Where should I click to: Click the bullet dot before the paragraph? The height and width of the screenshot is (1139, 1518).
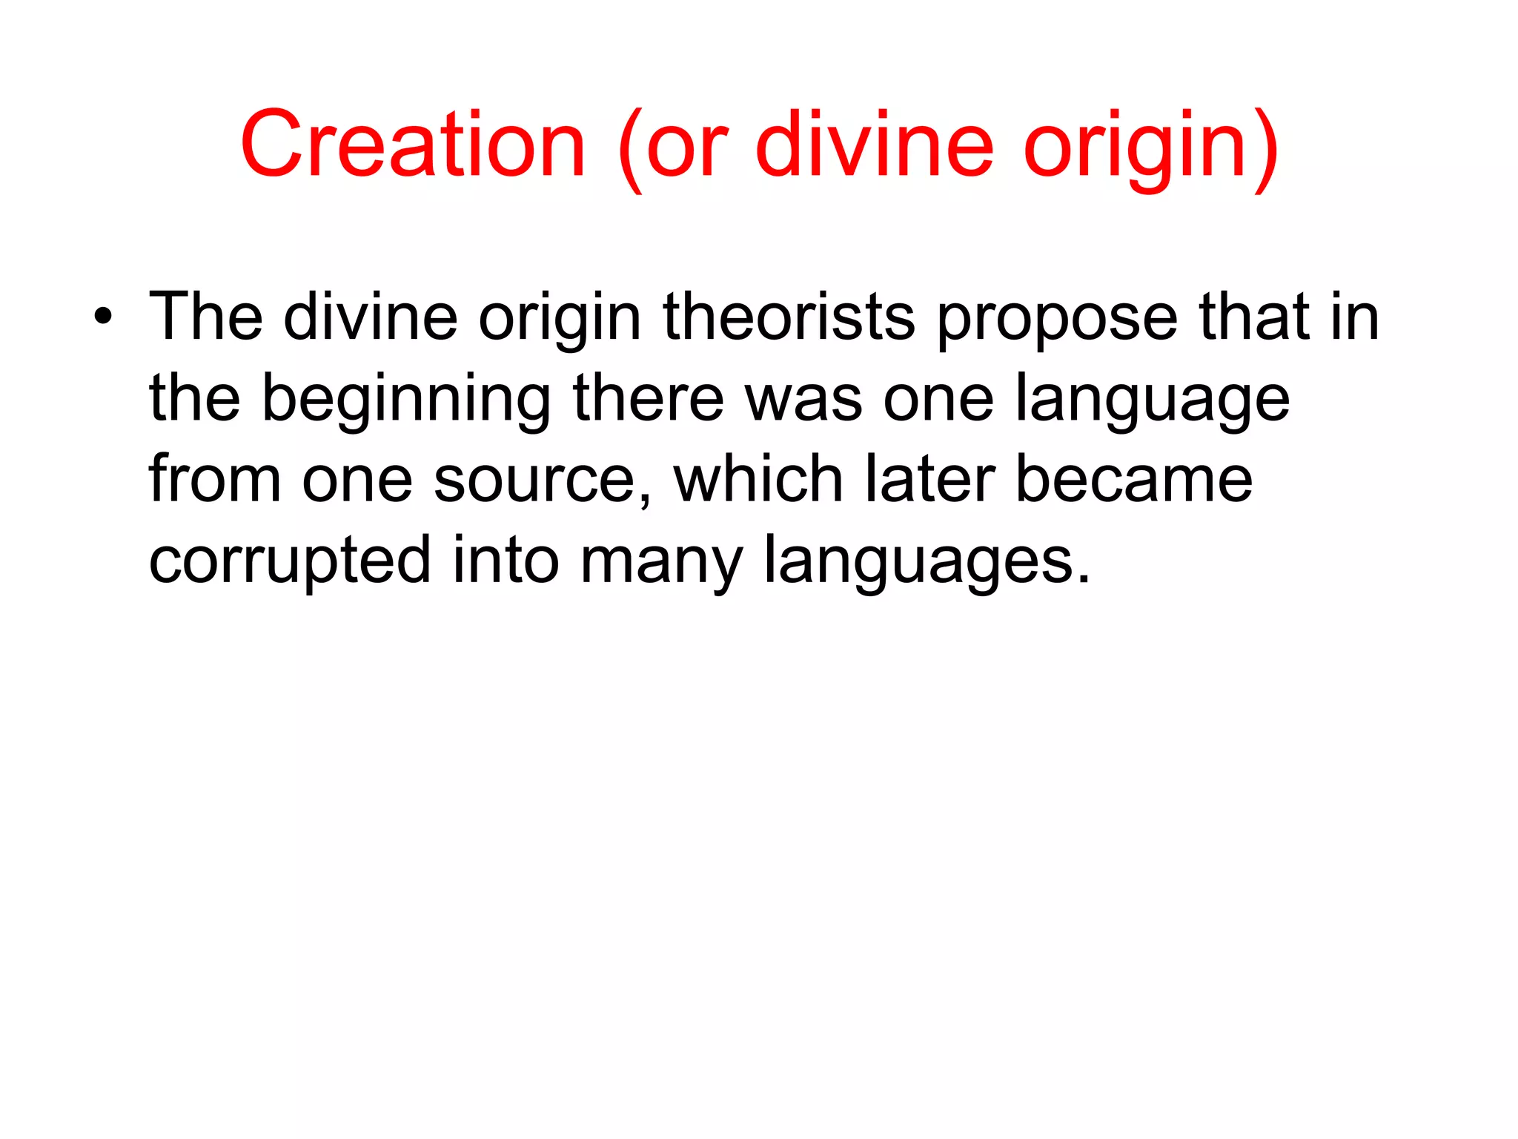pos(103,318)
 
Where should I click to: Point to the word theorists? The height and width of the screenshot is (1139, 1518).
pos(789,317)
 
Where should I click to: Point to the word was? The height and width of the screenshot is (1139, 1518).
pos(803,400)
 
